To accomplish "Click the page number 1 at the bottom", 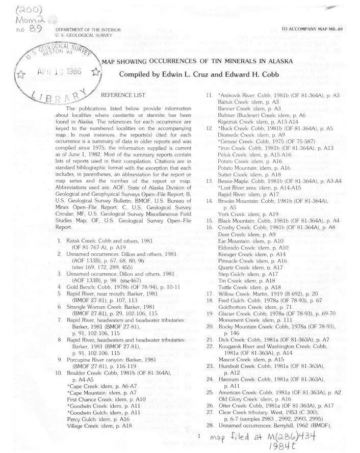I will point(198,436).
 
